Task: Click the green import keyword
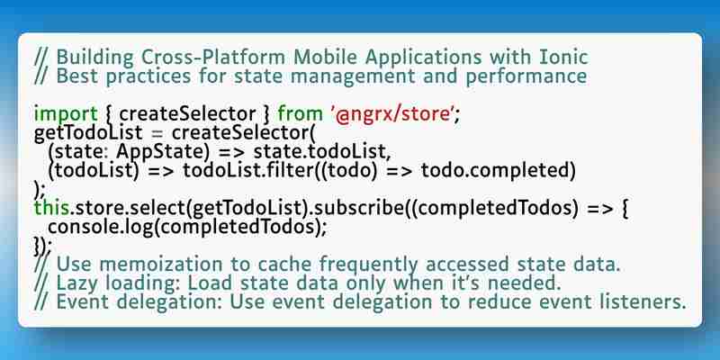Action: tap(66, 114)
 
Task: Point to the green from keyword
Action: tap(301, 114)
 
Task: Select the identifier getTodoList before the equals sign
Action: tap(88, 133)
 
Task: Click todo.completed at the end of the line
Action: tap(499, 171)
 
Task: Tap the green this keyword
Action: tap(51, 209)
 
